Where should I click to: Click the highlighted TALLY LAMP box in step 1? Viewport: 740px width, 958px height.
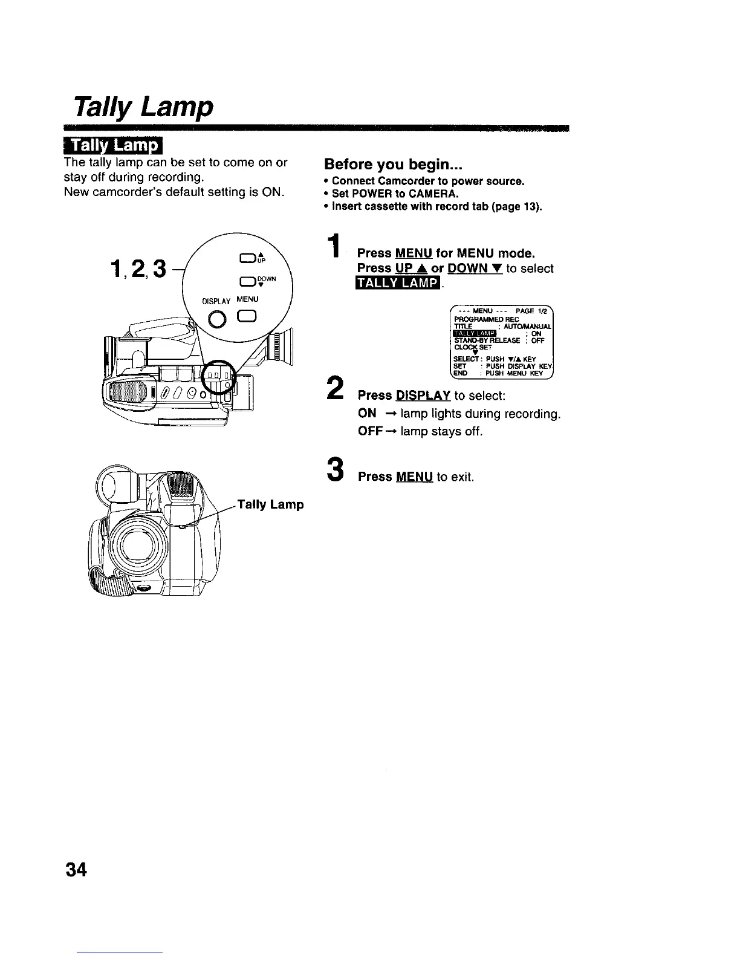399,284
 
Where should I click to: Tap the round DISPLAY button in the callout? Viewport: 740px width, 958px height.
216,318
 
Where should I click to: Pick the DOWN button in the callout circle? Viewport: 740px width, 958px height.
247,281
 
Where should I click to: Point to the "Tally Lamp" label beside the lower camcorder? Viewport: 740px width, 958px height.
270,504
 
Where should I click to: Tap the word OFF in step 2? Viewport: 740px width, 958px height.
368,432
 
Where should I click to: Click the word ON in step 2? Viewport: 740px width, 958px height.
367,414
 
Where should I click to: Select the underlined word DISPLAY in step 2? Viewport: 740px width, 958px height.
423,396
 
